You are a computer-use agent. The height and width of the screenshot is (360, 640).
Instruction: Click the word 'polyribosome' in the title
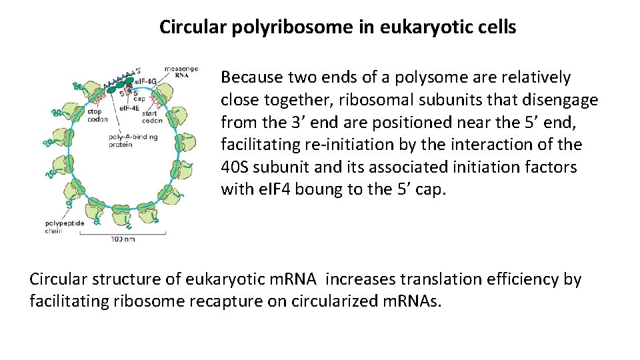coord(284,28)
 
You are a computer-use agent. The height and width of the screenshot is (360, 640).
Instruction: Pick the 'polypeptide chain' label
coord(65,227)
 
